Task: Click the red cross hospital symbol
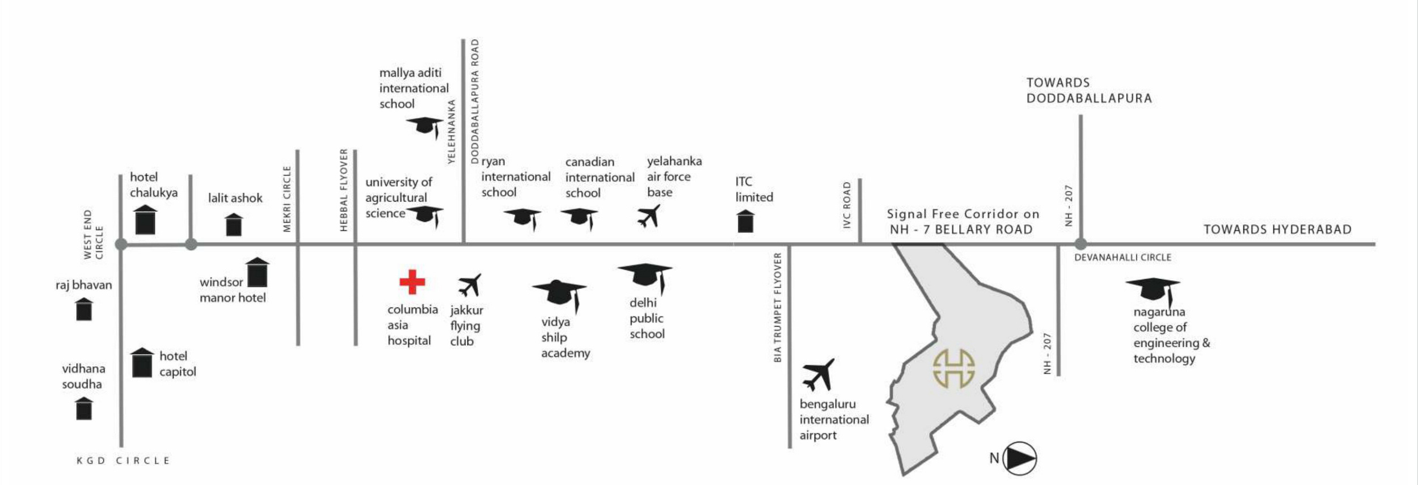[x=412, y=282]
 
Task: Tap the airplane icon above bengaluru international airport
[x=818, y=374]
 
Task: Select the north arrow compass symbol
[x=1019, y=458]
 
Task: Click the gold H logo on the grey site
[x=954, y=369]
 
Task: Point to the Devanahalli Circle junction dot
[x=1081, y=244]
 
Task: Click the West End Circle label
[x=93, y=234]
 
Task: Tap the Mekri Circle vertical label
[x=287, y=199]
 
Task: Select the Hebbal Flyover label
[x=344, y=190]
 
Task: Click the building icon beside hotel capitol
[x=142, y=363]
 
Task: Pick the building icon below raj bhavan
[x=84, y=310]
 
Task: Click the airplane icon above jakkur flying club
[x=470, y=285]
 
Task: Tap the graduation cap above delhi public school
[x=645, y=276]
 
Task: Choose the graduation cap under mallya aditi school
[x=425, y=126]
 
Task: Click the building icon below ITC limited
[x=745, y=221]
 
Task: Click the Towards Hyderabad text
[x=1277, y=230]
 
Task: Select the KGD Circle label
[x=123, y=461]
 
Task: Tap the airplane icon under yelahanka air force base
[x=649, y=216]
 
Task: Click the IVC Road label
[x=847, y=205]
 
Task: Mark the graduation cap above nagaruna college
[x=1153, y=289]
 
